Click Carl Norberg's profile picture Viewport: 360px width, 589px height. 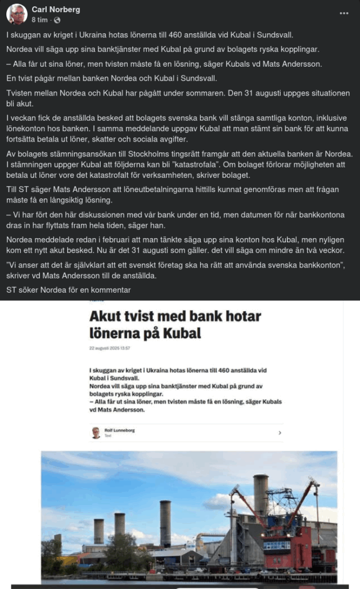point(16,14)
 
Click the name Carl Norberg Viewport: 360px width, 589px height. point(56,10)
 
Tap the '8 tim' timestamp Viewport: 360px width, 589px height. point(40,20)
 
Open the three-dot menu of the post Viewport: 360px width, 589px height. point(344,13)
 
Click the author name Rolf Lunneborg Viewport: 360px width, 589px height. point(120,430)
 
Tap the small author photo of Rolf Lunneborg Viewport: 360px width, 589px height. point(96,433)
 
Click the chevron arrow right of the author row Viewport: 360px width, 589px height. point(279,433)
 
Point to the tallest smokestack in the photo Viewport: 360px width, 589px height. point(261,495)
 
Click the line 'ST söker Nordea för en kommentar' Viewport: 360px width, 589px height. point(68,289)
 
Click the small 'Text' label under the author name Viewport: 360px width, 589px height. point(108,435)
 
